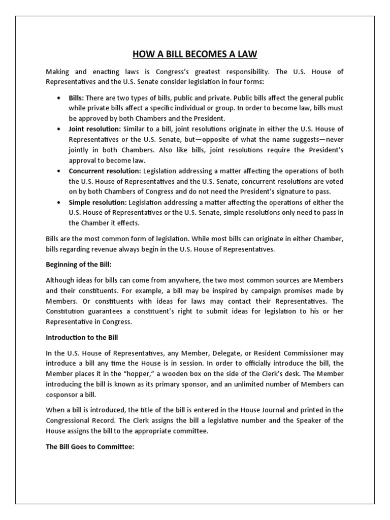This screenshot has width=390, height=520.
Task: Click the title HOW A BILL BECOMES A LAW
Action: tap(195, 54)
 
